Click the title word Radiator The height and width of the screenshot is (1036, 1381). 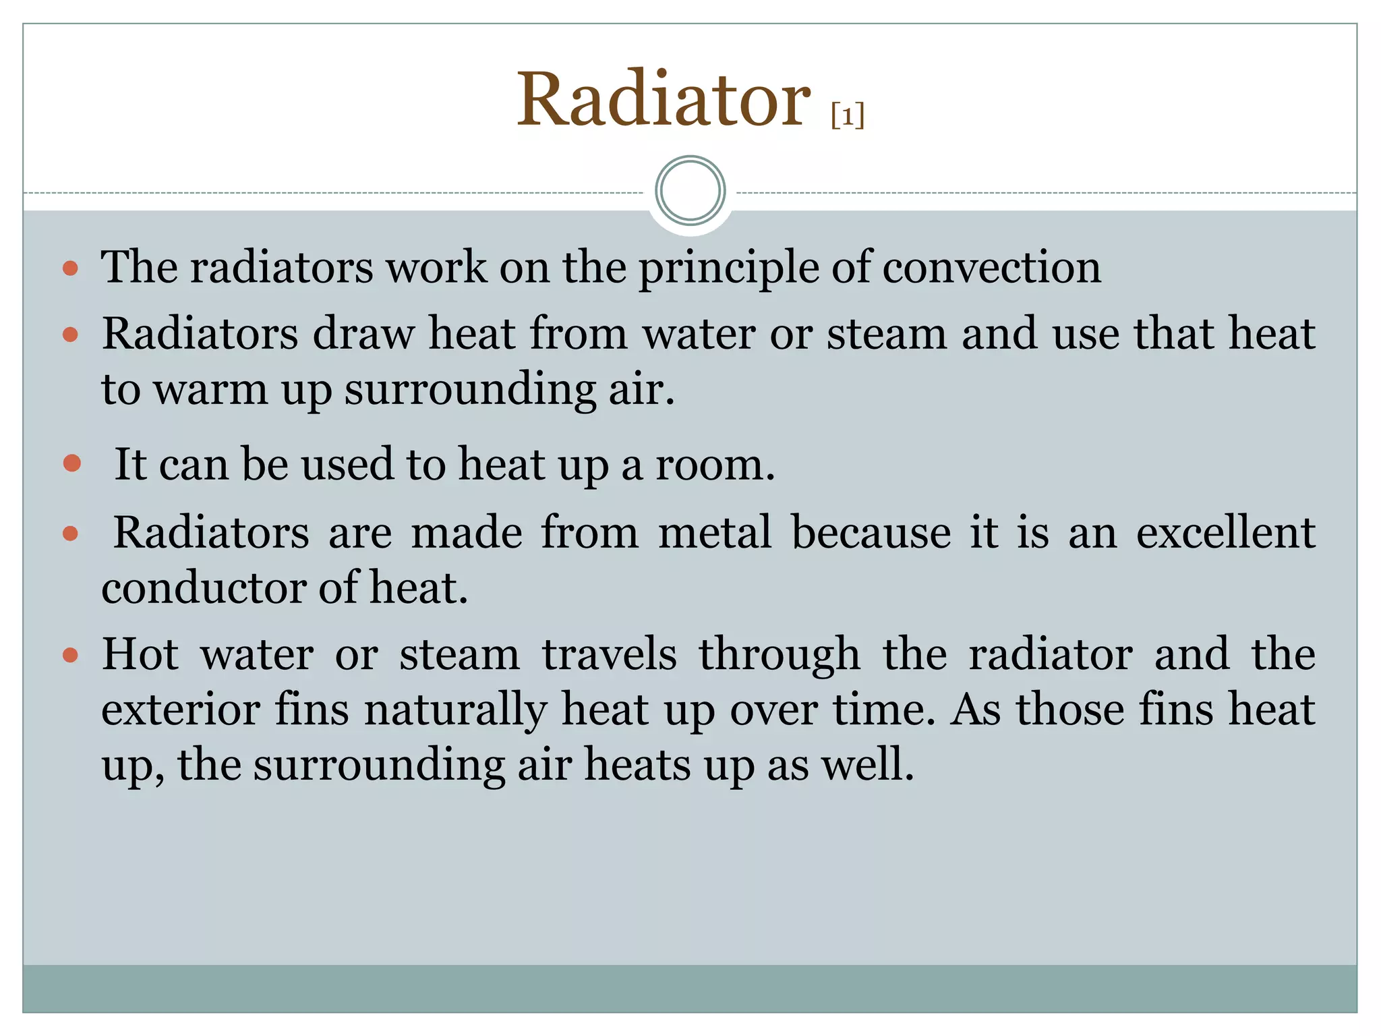pyautogui.click(x=663, y=100)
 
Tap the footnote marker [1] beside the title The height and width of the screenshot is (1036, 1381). pyautogui.click(x=848, y=115)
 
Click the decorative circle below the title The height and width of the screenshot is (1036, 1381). pyautogui.click(x=690, y=191)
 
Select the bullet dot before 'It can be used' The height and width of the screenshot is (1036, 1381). pyautogui.click(x=71, y=463)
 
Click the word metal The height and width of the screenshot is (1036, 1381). pyautogui.click(x=714, y=533)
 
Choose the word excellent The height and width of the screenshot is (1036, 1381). pyautogui.click(x=1225, y=533)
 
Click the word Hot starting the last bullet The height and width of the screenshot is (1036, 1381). pyautogui.click(x=140, y=654)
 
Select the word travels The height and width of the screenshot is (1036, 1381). pyautogui.click(x=609, y=654)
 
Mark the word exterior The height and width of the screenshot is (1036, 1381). pyautogui.click(x=180, y=710)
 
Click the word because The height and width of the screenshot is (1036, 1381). pyautogui.click(x=871, y=533)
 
